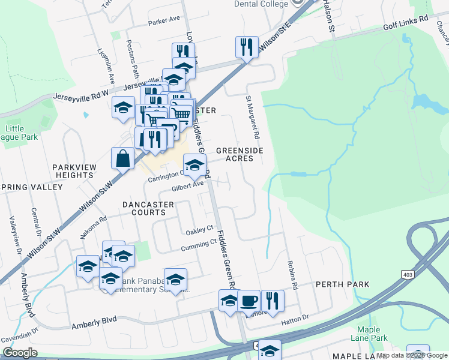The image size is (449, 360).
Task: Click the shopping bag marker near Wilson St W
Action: pos(122,159)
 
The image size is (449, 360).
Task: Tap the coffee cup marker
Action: pos(249,301)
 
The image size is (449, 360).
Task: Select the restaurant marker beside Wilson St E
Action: pos(247,47)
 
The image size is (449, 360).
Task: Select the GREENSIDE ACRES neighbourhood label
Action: pos(239,154)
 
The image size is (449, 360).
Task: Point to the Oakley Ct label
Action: pos(200,229)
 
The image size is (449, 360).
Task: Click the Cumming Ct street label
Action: pos(199,242)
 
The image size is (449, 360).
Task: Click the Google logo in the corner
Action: pos(20,353)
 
